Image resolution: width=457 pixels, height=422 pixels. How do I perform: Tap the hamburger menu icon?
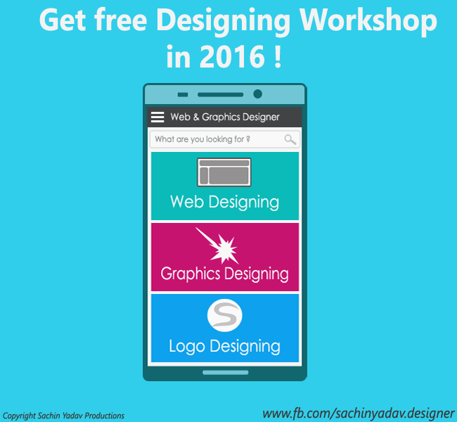tap(157, 117)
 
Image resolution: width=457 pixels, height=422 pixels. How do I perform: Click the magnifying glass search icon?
tap(290, 139)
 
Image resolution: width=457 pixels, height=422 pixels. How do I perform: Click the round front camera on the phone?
tap(257, 94)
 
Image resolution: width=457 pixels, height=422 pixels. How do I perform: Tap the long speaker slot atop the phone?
tap(220, 94)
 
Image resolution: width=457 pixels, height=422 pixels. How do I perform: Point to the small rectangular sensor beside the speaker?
tap(183, 94)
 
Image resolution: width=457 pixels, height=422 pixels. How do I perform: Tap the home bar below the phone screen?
tap(225, 373)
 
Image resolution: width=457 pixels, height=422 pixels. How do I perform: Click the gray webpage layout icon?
tap(224, 172)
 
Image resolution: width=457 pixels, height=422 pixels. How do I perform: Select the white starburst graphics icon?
tap(217, 245)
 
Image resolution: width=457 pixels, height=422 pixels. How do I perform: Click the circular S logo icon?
tap(224, 315)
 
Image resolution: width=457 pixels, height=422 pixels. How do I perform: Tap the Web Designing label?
tap(225, 202)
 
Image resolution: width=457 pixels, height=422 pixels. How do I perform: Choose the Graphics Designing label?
tap(224, 274)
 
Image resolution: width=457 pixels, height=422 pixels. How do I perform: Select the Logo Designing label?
tap(224, 346)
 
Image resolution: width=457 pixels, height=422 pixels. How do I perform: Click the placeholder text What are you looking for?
tap(202, 139)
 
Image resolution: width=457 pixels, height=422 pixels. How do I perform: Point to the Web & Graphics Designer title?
tap(225, 117)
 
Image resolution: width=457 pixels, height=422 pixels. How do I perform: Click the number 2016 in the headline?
tap(232, 56)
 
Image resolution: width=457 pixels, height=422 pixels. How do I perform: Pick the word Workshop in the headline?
tap(368, 20)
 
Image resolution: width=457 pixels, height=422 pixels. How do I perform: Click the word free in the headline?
tap(121, 19)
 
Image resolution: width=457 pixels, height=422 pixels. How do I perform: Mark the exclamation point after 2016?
tap(278, 56)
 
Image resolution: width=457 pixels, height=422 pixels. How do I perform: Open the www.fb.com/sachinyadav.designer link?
tap(358, 414)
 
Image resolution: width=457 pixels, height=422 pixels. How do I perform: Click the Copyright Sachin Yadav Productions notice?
tap(63, 416)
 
